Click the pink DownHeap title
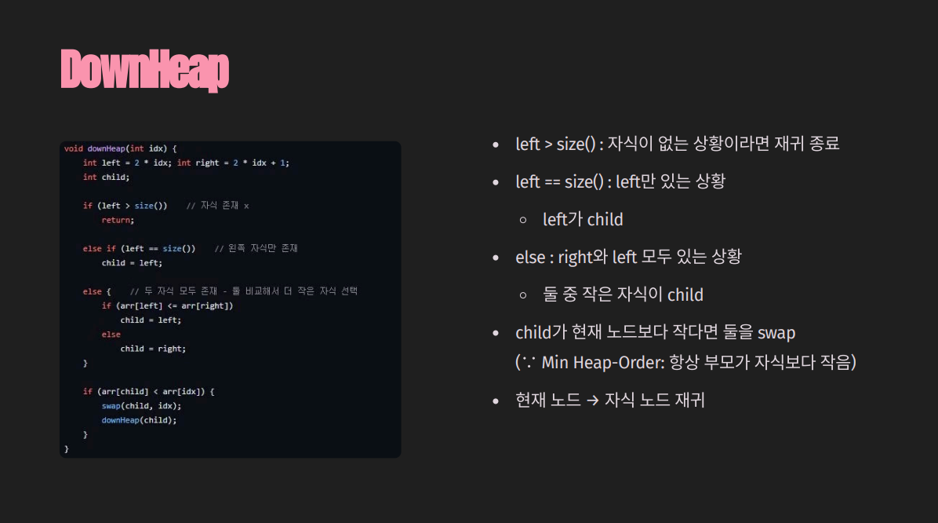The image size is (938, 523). point(144,70)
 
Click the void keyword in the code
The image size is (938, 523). point(73,148)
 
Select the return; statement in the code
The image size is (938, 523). point(118,220)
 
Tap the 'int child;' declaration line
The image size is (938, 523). point(106,177)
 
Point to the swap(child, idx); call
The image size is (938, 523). point(141,405)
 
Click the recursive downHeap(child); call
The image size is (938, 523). point(139,419)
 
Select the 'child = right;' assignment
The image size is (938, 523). point(153,348)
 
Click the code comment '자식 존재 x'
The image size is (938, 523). point(224,206)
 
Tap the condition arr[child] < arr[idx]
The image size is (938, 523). point(154,391)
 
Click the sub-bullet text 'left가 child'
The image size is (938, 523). point(583,220)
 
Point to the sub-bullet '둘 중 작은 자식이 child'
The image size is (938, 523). point(623,295)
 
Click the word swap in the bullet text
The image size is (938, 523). point(776,333)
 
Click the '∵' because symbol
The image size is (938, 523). point(529,363)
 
